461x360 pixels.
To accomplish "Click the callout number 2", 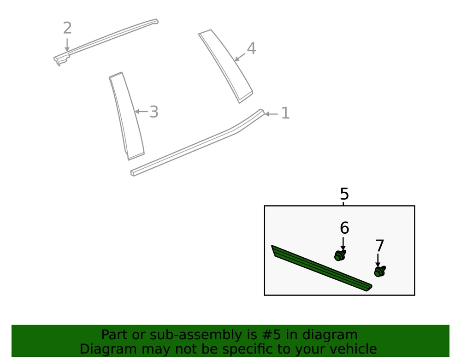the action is [67, 28].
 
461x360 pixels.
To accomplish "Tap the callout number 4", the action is [251, 48].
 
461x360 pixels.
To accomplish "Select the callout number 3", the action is [154, 112].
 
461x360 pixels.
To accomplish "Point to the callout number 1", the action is [285, 113].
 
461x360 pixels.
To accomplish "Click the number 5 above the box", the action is [344, 194].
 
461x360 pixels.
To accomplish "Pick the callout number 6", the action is [344, 228].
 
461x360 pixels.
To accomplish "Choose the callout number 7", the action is [379, 246].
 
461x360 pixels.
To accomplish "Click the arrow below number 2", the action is [67, 45].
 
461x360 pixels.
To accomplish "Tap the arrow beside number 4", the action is [240, 57].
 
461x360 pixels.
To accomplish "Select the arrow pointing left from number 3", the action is [141, 112].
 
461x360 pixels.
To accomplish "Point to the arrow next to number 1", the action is [271, 114].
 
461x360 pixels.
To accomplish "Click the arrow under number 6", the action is [343, 244].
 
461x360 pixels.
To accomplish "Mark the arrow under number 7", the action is [378, 261].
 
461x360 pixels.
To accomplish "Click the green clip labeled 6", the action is [340, 255].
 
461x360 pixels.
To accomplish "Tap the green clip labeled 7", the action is [380, 271].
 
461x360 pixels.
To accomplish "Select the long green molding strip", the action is [322, 268].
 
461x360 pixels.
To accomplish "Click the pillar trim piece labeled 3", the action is [127, 116].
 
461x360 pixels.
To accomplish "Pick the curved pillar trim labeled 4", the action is [226, 66].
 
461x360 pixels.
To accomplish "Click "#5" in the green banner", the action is [271, 335].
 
